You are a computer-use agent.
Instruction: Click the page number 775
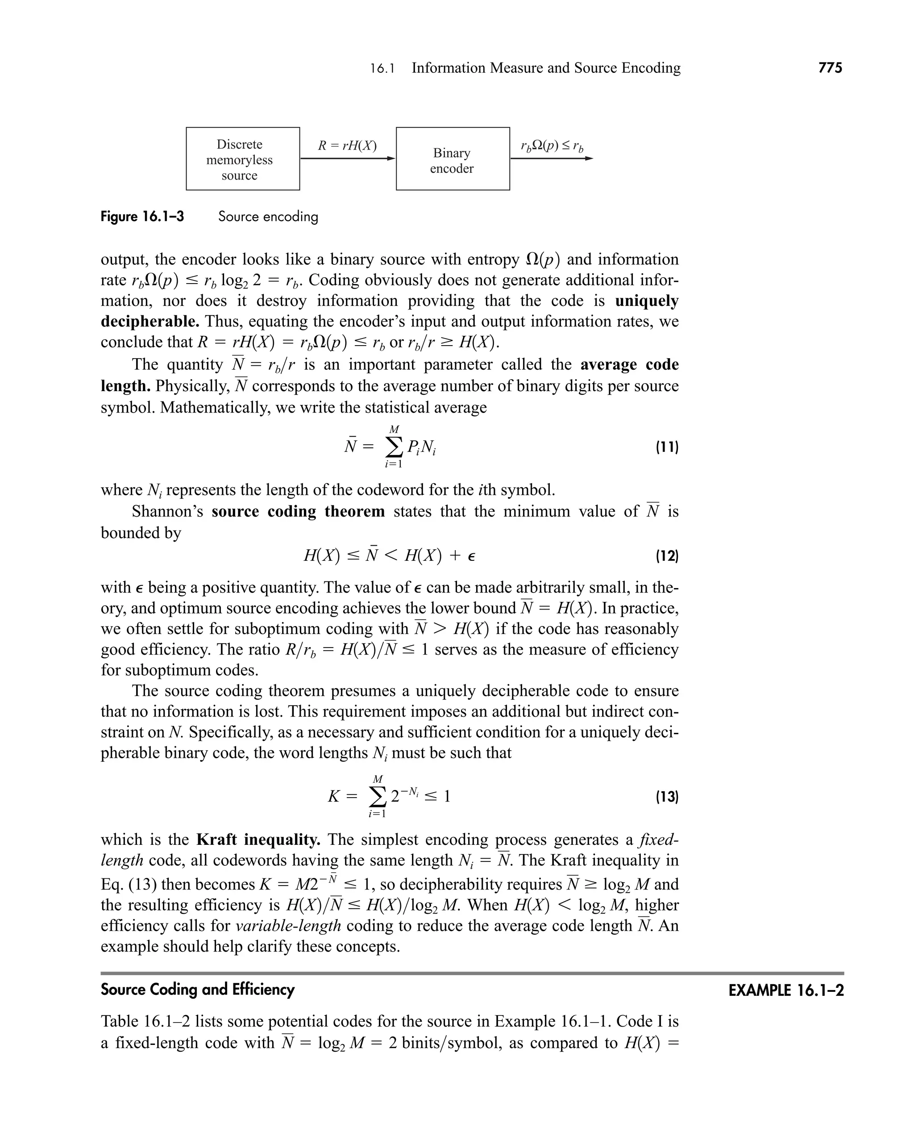(830, 68)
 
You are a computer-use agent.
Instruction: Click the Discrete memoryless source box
(243, 159)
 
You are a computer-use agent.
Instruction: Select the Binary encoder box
(452, 159)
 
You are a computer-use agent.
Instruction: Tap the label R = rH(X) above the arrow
(347, 146)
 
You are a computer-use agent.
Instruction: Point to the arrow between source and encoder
(348, 158)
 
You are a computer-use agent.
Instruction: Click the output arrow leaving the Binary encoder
(551, 158)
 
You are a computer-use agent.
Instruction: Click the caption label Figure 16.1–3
(142, 217)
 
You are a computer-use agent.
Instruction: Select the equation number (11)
(667, 448)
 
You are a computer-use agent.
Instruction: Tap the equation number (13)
(667, 797)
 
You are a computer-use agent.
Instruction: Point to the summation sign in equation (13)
(377, 797)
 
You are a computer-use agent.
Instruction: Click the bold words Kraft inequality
(258, 840)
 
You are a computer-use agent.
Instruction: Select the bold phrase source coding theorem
(298, 511)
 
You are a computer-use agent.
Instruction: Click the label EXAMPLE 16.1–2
(785, 991)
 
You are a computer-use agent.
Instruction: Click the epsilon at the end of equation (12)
(471, 557)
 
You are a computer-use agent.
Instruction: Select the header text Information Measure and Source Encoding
(545, 68)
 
